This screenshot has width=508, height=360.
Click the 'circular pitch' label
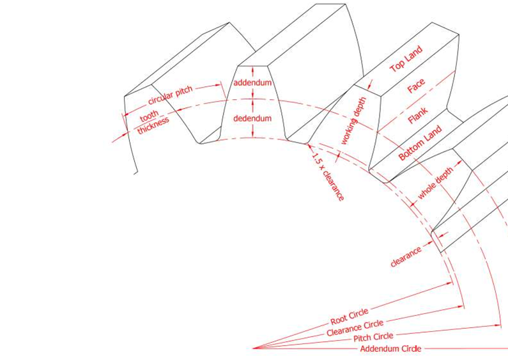click(x=170, y=95)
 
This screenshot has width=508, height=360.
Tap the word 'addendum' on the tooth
click(x=252, y=83)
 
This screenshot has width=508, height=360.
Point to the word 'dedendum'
click(x=252, y=118)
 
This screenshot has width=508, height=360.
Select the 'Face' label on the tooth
click(x=416, y=86)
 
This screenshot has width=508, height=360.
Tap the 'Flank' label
click(x=418, y=116)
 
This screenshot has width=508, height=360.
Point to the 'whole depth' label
click(x=435, y=183)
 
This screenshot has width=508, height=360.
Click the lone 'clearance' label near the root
click(x=406, y=257)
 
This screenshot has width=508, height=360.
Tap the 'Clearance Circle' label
click(x=355, y=327)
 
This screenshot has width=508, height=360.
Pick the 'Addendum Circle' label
click(x=390, y=348)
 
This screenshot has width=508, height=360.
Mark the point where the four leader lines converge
click(x=254, y=348)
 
